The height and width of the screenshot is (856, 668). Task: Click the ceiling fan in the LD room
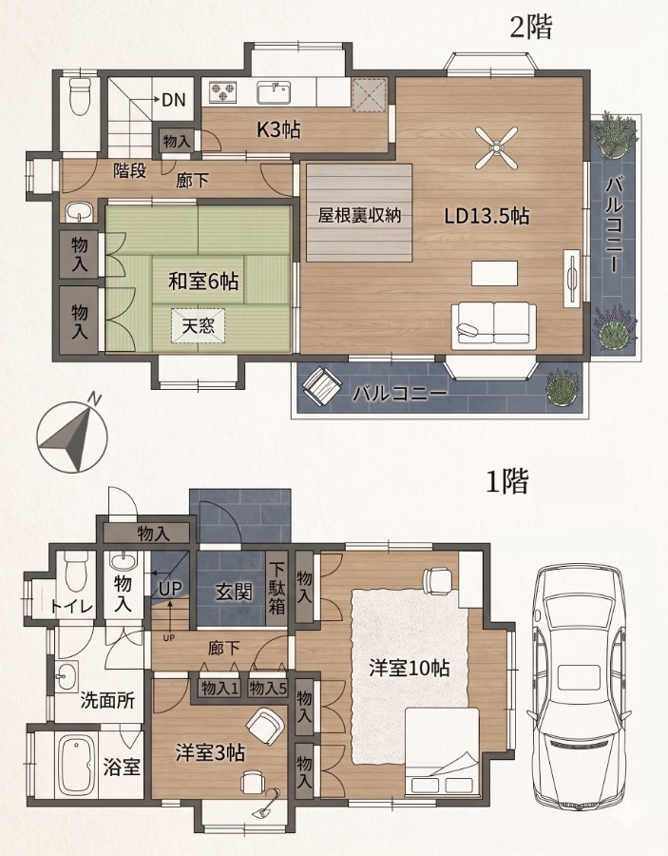[x=496, y=147]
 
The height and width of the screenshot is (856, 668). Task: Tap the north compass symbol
[x=72, y=435]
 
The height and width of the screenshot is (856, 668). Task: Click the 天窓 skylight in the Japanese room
[x=198, y=326]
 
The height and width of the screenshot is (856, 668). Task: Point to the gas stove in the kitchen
[x=221, y=91]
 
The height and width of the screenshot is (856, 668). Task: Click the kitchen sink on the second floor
[x=275, y=93]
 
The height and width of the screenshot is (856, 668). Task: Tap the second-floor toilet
[x=80, y=95]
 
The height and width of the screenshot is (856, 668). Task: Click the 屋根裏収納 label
[x=359, y=215]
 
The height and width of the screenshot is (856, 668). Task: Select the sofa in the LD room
[x=493, y=326]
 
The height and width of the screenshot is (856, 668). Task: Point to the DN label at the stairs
[x=174, y=100]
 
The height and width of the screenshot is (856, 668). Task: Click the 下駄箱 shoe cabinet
[x=277, y=589]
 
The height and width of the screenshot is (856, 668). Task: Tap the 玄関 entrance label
[x=234, y=592]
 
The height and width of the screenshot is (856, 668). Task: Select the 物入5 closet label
[x=268, y=689]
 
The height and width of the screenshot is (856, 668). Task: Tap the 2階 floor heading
[x=530, y=28]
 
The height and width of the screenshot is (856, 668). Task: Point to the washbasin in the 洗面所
[x=67, y=677]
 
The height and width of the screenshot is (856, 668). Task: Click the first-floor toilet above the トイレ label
[x=76, y=573]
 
